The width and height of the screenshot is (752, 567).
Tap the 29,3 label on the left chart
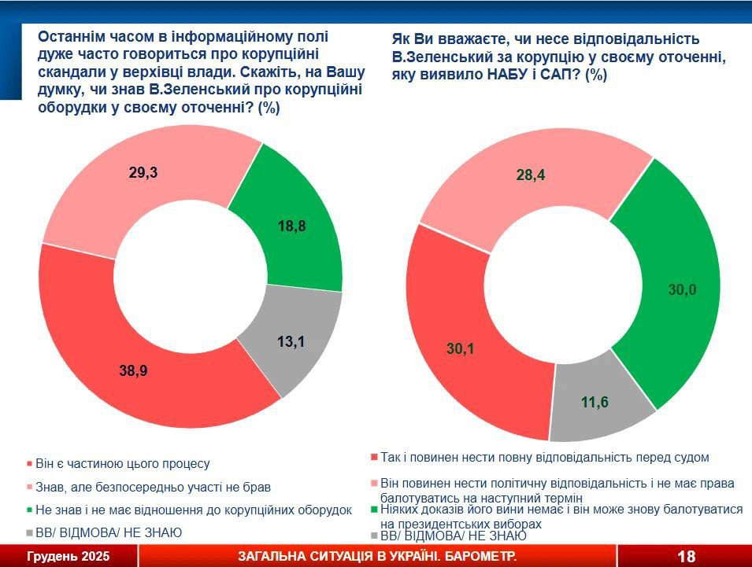143,172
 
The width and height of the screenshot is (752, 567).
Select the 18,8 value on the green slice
291,226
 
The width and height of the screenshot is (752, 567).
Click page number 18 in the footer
686,557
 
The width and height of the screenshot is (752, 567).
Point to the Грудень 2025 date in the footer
69,557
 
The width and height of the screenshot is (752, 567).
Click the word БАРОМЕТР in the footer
481,557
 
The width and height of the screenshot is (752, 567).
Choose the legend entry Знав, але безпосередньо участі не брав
154,488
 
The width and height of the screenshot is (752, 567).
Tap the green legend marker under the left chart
30,510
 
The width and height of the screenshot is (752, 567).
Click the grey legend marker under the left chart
30,532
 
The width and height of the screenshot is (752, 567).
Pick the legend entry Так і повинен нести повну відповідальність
544,457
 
